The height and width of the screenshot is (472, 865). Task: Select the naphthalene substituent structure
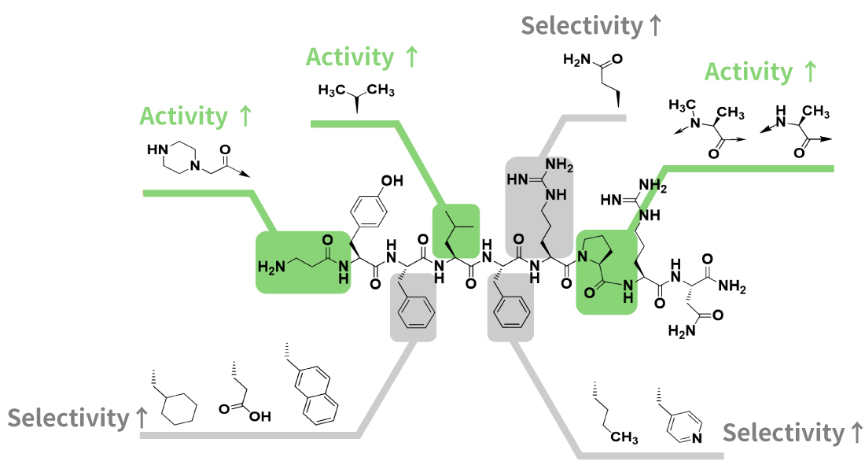click(317, 393)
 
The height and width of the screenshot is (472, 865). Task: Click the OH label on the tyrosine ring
click(391, 181)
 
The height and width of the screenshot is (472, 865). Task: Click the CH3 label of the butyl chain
click(624, 437)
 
